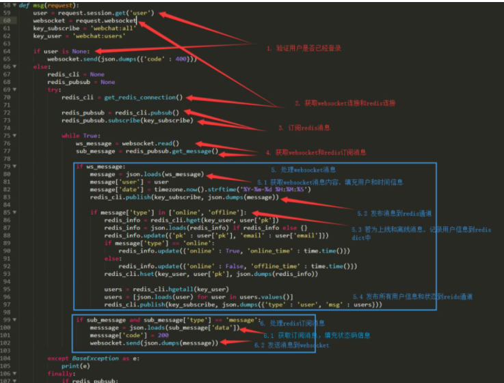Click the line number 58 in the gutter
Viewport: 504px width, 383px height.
click(6, 5)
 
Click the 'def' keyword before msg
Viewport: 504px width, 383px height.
click(24, 5)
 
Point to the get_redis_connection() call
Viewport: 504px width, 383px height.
click(144, 97)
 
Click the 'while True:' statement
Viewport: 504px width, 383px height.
click(80, 135)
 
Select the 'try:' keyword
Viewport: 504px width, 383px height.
click(54, 89)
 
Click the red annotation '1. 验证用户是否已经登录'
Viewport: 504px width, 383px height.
click(304, 48)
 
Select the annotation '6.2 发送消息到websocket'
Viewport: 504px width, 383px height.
click(291, 345)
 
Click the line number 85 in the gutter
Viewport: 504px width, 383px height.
click(6, 212)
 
